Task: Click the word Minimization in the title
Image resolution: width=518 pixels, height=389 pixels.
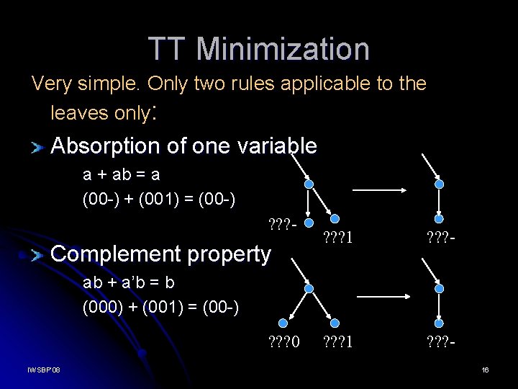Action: click(283, 49)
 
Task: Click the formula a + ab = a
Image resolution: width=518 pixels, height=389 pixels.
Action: click(122, 174)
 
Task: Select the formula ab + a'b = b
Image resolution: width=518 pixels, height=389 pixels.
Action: click(129, 282)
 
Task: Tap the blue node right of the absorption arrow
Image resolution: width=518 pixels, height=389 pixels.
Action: click(440, 184)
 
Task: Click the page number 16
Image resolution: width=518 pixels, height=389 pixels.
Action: click(485, 370)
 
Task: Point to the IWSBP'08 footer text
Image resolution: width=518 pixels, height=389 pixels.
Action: click(44, 370)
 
